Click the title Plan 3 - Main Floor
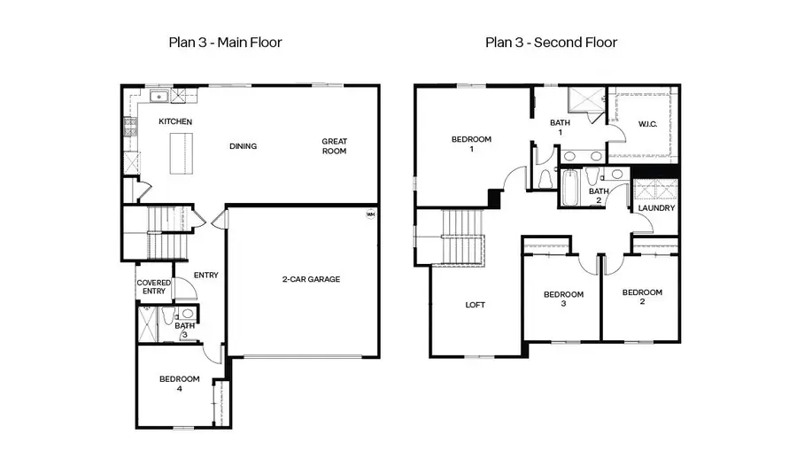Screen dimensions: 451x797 click(x=225, y=42)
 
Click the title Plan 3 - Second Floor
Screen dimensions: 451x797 click(x=551, y=42)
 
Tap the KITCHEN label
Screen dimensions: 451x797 click(x=175, y=121)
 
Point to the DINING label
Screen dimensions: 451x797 click(x=243, y=146)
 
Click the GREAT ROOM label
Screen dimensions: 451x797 click(x=334, y=146)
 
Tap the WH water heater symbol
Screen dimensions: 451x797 click(x=370, y=214)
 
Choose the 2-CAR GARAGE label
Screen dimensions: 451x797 click(x=311, y=279)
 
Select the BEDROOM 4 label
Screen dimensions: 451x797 click(x=179, y=384)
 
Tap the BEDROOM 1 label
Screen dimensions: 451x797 click(x=471, y=144)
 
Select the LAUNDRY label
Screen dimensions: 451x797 click(x=656, y=208)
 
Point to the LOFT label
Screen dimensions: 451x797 click(x=476, y=305)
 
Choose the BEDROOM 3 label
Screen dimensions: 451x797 click(x=563, y=299)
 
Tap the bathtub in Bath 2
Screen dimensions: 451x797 click(x=570, y=187)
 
